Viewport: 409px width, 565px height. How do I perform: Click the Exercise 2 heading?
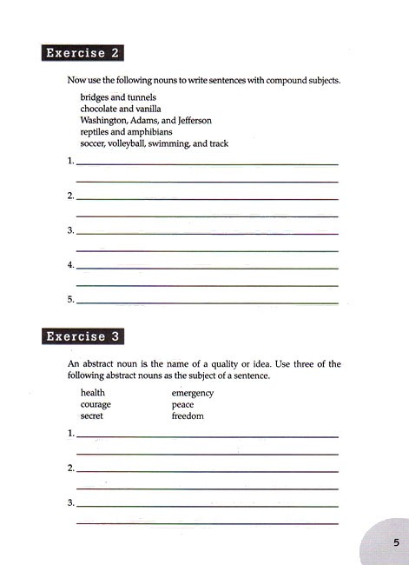coord(82,52)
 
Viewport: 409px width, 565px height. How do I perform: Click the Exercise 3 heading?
coord(82,336)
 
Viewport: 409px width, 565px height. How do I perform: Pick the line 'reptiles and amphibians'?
coord(126,132)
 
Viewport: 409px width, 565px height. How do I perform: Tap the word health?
coord(92,393)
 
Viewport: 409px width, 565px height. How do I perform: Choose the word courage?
coord(96,404)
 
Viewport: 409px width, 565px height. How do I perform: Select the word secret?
coord(91,415)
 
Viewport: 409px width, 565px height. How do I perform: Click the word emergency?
coord(193,393)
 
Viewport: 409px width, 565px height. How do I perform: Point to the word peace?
coord(182,404)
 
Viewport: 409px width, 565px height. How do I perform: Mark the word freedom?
coord(188,415)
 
